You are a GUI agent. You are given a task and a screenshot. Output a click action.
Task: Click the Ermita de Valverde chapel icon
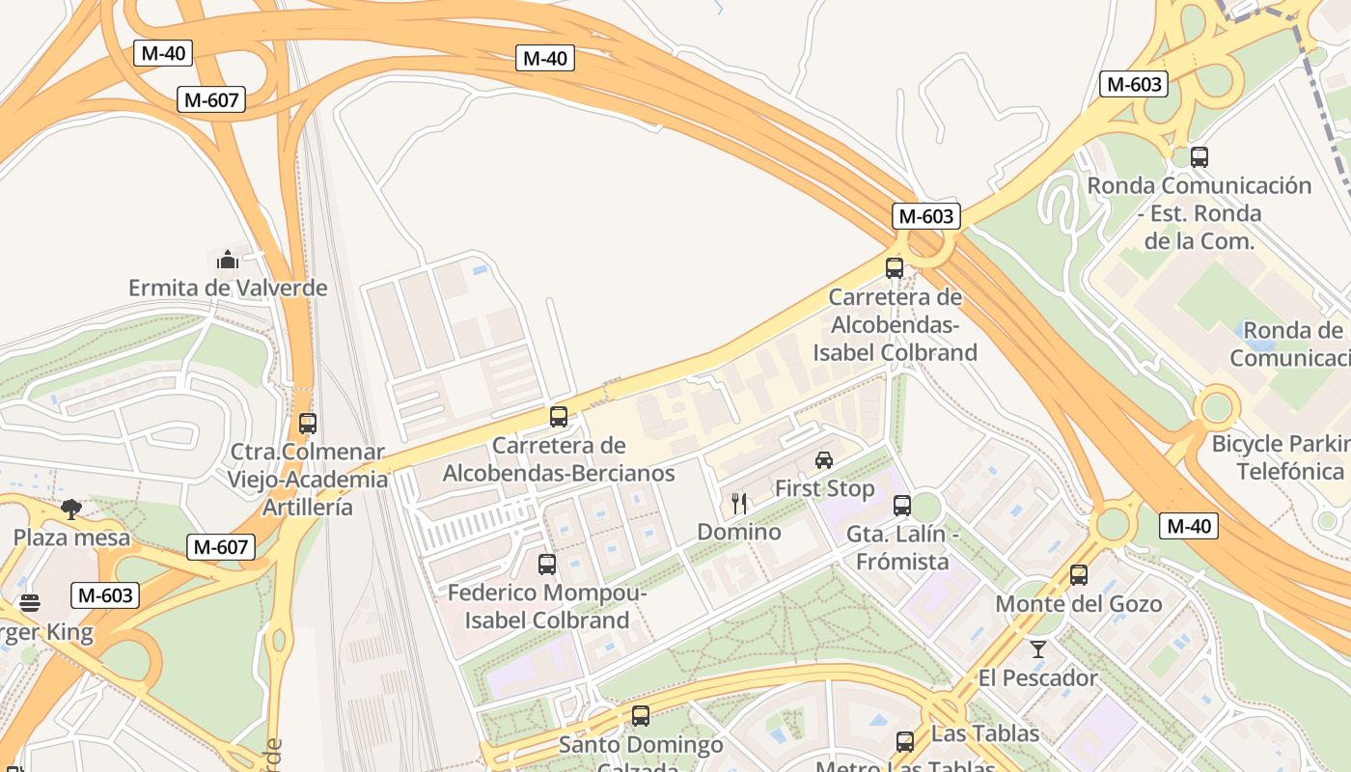[x=228, y=260]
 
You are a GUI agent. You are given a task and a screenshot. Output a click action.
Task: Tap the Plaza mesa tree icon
[x=70, y=509]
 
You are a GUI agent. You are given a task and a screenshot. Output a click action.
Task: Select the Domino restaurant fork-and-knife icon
[x=739, y=503]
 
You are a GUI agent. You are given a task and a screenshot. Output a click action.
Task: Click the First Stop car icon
[x=824, y=459]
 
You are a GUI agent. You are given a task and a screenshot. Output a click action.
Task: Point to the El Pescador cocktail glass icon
[x=1038, y=648]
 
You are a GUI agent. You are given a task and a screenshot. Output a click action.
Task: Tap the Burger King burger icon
[x=30, y=604]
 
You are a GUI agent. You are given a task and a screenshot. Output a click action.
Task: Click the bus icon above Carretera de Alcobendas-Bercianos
[x=559, y=417]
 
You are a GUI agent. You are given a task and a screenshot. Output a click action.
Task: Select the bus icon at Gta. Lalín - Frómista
[x=902, y=505]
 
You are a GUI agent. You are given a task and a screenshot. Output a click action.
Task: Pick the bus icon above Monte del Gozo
[x=1079, y=575]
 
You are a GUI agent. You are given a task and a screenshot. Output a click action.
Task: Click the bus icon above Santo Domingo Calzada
[x=641, y=716]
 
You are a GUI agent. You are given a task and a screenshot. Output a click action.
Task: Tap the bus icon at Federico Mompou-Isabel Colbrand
[x=547, y=564]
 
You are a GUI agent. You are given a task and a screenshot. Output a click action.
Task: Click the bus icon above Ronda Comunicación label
[x=1199, y=156]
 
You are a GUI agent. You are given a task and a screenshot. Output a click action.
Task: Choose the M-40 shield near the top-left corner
[x=162, y=53]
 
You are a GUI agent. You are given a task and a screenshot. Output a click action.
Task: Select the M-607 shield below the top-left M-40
[x=211, y=99]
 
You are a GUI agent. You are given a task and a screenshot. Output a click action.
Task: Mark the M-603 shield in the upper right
[x=1134, y=84]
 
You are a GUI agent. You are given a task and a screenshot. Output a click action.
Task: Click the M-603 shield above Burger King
[x=105, y=595]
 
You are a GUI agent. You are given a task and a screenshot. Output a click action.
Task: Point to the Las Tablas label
[x=984, y=733]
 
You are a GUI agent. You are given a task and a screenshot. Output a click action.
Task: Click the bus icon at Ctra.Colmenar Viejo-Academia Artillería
[x=308, y=423]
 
